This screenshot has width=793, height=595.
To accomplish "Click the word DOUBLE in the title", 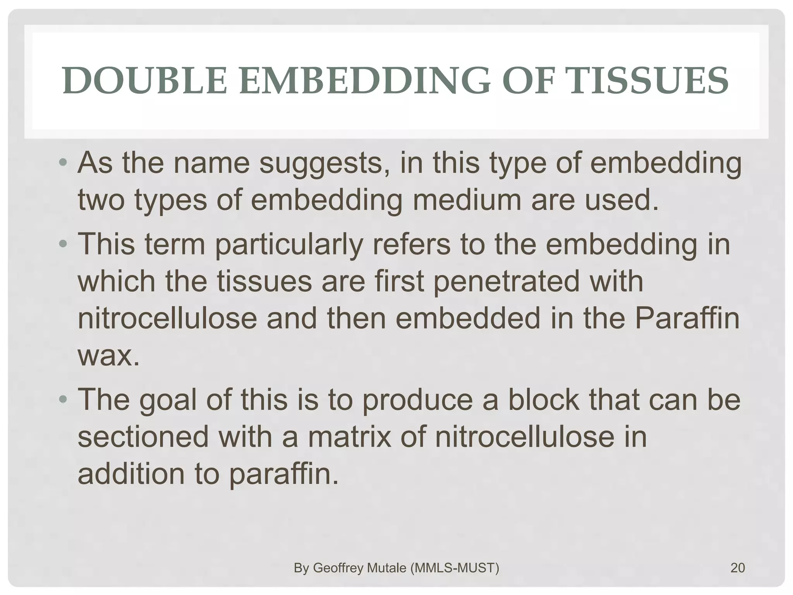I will pyautogui.click(x=144, y=81).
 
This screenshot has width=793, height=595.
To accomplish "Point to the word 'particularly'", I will pyautogui.click(x=289, y=245).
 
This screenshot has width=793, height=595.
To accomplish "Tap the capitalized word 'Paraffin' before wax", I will pyautogui.click(x=687, y=318).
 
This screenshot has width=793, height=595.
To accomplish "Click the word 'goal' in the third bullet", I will pyautogui.click(x=167, y=400).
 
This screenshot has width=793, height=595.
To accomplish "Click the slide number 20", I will pyautogui.click(x=738, y=568).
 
